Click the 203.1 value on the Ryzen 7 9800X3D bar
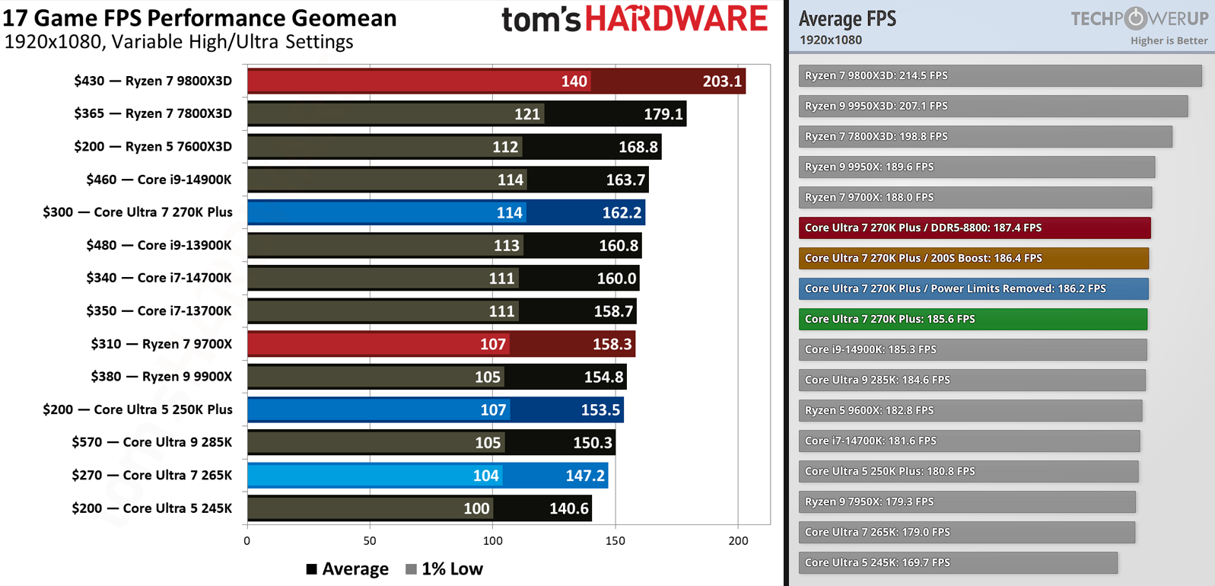click(x=721, y=81)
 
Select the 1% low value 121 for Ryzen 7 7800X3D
click(x=527, y=114)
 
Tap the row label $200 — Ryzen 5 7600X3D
click(x=153, y=147)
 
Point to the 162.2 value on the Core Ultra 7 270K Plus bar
click(x=622, y=213)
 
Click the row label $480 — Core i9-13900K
click(x=158, y=245)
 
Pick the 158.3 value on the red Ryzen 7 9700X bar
click(x=612, y=344)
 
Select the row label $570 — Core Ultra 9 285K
click(x=151, y=442)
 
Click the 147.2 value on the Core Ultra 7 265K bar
click(x=584, y=476)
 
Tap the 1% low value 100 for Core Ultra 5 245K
click(x=476, y=508)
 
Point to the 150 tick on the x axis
click(x=615, y=541)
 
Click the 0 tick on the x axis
click(x=246, y=541)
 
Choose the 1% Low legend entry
click(x=444, y=569)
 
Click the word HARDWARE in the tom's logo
click(x=676, y=20)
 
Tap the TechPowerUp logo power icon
click(x=1135, y=18)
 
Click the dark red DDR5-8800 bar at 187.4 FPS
click(x=974, y=228)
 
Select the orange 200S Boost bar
click(x=973, y=258)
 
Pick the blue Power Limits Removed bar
click(x=973, y=288)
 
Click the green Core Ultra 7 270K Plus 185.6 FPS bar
click(x=972, y=319)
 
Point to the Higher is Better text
click(x=1169, y=41)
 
